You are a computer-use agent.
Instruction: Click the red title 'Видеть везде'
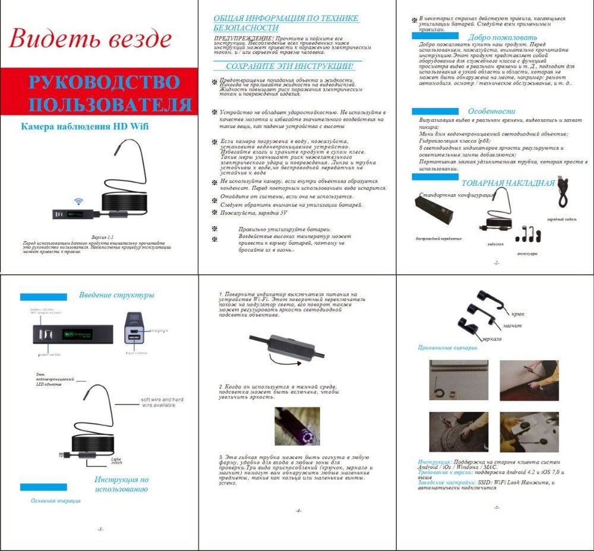pyautogui.click(x=90, y=39)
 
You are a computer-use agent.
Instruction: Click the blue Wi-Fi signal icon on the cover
pyautogui.click(x=78, y=201)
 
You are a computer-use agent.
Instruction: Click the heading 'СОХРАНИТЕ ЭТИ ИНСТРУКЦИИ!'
pyautogui.click(x=289, y=66)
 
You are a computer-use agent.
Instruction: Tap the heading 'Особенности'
pyautogui.click(x=491, y=111)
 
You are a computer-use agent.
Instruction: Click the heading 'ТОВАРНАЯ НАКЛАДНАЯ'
pyautogui.click(x=508, y=183)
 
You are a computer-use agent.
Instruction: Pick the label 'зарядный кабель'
pyautogui.click(x=561, y=219)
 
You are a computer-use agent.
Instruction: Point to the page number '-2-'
pyautogui.click(x=496, y=262)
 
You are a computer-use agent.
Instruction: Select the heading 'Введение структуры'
pyautogui.click(x=116, y=295)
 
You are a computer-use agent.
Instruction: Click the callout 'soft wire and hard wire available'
pyautogui.click(x=162, y=402)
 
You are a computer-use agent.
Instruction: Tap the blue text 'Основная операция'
pyautogui.click(x=56, y=501)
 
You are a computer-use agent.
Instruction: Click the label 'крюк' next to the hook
pyautogui.click(x=517, y=313)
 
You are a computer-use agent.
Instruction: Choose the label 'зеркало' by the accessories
pyautogui.click(x=492, y=338)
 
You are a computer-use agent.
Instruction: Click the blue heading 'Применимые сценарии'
pyautogui.click(x=447, y=348)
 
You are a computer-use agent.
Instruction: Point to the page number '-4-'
pyautogui.click(x=298, y=511)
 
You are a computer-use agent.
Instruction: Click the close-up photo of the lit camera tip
pyautogui.click(x=297, y=426)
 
